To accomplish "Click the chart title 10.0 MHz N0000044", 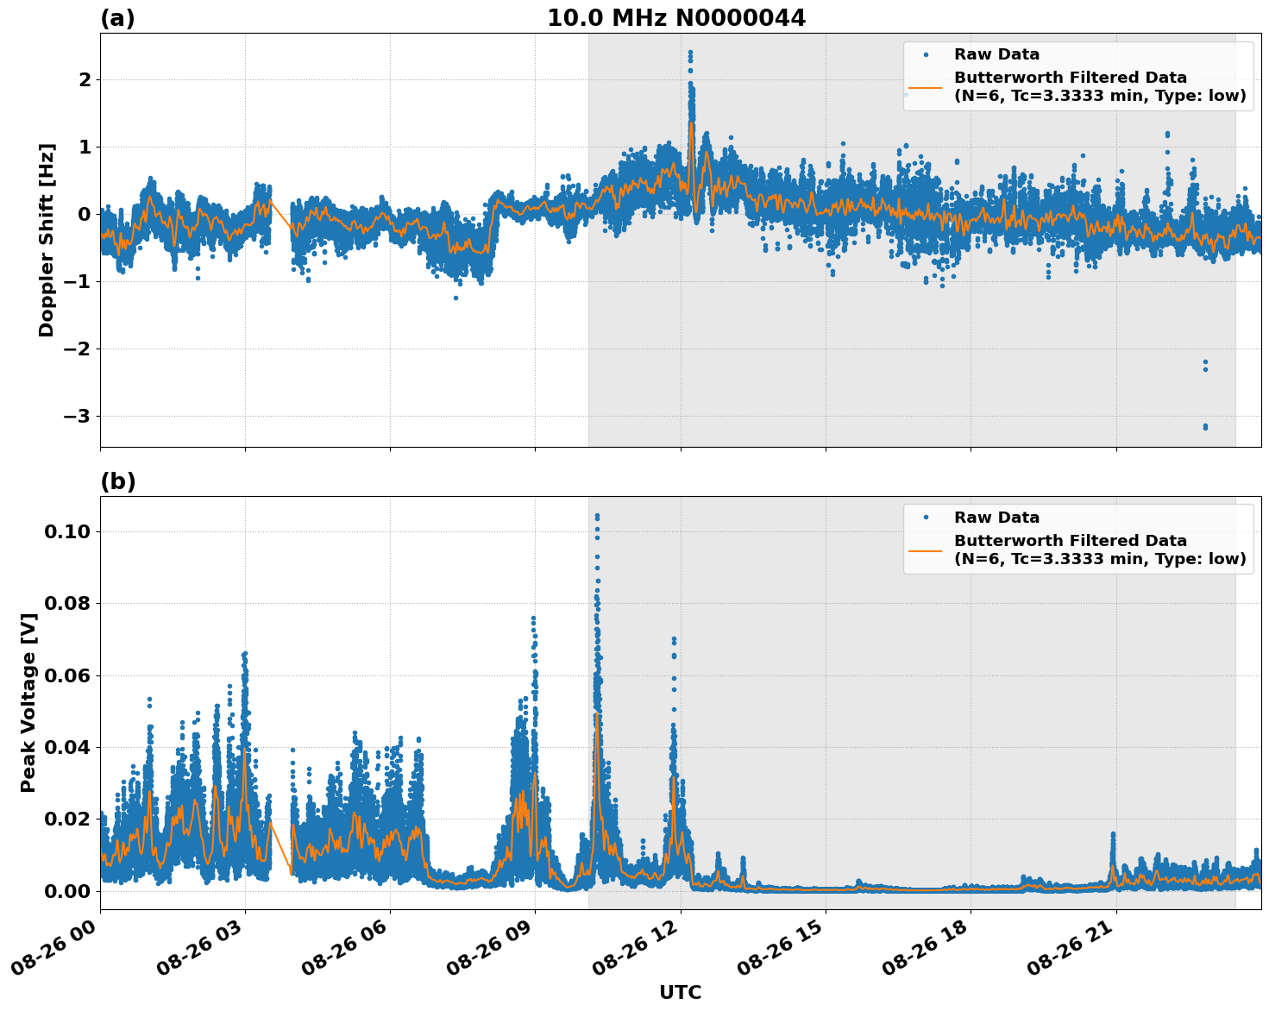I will click(676, 18).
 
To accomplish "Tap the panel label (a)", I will click(117, 18).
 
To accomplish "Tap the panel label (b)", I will click(117, 481).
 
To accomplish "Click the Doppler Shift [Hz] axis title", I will click(47, 240).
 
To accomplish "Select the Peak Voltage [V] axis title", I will click(28, 703).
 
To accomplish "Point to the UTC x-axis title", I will click(680, 992).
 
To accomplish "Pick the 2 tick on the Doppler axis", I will click(85, 79).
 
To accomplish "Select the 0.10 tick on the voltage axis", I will click(67, 531).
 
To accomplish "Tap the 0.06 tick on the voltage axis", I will click(67, 675).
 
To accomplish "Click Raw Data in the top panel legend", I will click(996, 54).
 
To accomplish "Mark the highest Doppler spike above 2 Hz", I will click(690, 53).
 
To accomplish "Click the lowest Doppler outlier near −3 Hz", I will click(1205, 427).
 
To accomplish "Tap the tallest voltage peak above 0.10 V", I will click(597, 516).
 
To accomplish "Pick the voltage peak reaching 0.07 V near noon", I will click(674, 639).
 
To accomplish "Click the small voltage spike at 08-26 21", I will click(1113, 834).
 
